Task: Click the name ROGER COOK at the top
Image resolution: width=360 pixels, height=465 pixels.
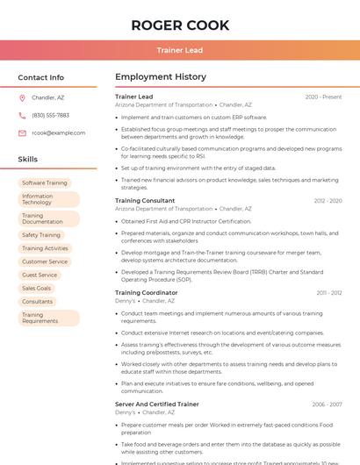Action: click(180, 25)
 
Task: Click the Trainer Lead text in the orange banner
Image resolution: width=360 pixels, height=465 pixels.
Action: click(180, 50)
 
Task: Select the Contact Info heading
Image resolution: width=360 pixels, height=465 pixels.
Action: click(41, 77)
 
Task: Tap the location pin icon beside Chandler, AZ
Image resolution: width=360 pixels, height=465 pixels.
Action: click(23, 97)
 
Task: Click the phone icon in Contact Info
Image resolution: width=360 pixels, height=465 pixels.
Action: click(23, 115)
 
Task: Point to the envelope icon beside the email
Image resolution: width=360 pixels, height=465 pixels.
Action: click(23, 132)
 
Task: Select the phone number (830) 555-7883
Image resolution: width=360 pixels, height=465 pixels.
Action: click(50, 115)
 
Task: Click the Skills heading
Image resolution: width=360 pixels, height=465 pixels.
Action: click(28, 159)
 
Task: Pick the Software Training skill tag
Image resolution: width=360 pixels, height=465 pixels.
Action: click(45, 182)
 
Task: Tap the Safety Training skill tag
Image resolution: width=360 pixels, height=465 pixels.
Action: click(41, 235)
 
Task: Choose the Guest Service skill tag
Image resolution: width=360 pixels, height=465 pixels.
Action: click(40, 275)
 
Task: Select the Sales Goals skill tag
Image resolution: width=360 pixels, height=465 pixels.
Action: click(37, 288)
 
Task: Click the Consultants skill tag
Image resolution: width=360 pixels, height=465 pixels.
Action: click(38, 301)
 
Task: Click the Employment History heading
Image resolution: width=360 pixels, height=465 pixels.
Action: click(161, 77)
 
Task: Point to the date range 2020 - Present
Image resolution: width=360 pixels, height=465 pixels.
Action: click(323, 97)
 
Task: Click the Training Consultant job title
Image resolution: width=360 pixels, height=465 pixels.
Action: click(145, 200)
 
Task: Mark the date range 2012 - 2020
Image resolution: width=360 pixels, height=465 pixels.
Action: click(326, 201)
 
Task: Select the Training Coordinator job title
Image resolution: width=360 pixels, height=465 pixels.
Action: click(146, 292)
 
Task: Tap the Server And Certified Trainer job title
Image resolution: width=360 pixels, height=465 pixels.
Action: click(157, 404)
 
